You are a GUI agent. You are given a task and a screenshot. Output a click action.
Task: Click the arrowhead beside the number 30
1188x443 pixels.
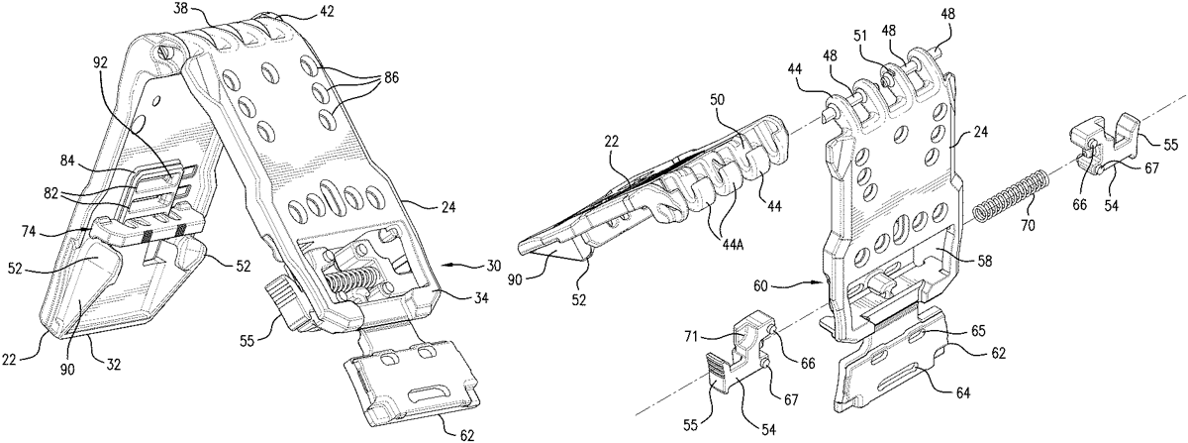(x=442, y=266)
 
